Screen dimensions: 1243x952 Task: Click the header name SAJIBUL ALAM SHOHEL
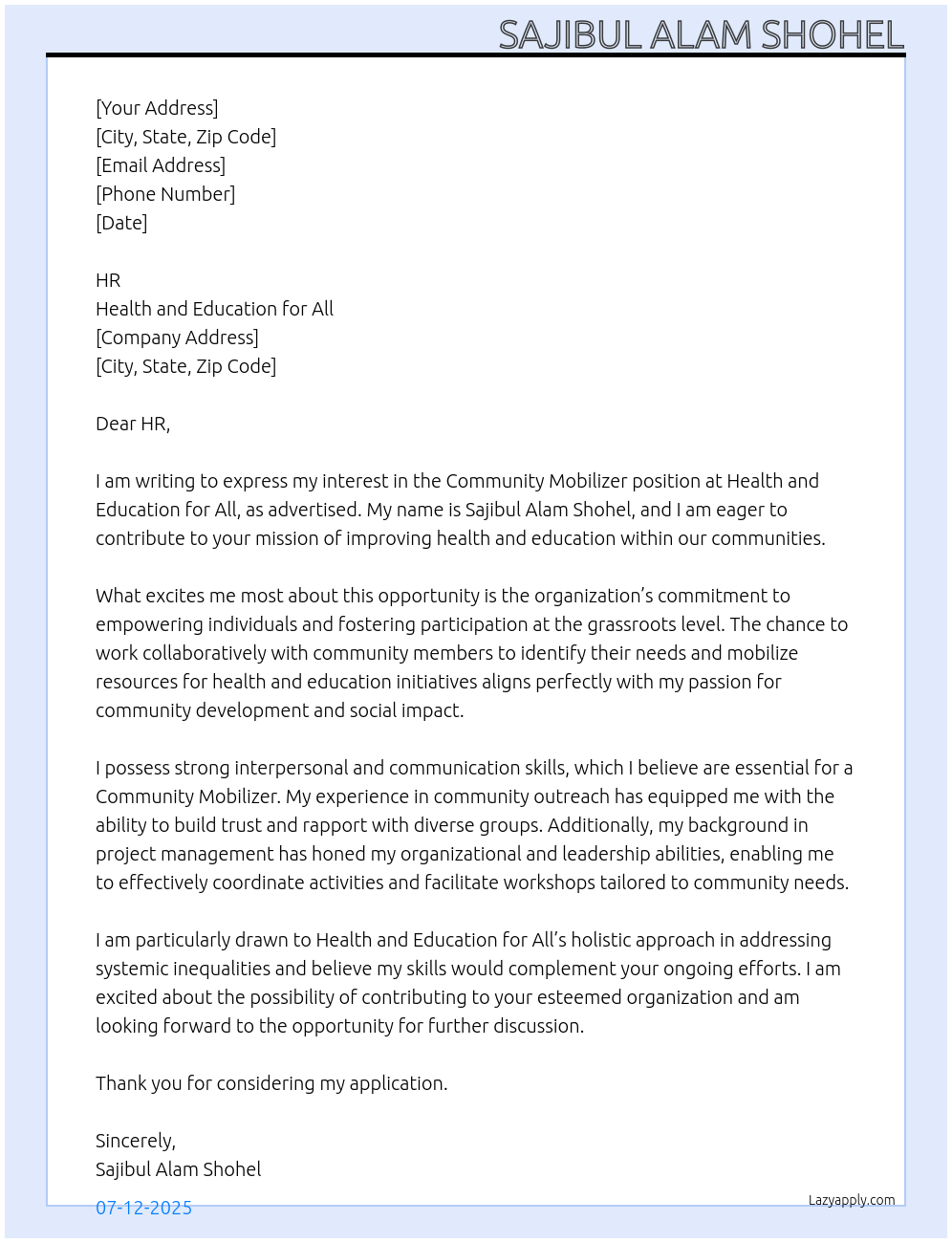coord(701,35)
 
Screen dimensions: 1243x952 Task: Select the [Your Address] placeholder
coord(157,108)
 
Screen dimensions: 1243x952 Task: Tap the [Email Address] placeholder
coord(161,165)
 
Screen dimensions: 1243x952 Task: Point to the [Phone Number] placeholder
coord(165,194)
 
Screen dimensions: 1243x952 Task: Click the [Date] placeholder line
coord(121,223)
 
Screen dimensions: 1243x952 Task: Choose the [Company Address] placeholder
coord(177,338)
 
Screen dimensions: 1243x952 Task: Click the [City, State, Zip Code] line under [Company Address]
coord(185,366)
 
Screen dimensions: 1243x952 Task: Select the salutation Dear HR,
coord(133,424)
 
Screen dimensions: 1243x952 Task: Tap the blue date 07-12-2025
coord(143,1208)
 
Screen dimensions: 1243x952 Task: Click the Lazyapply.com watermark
coord(852,1200)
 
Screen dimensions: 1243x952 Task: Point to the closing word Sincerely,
coord(136,1141)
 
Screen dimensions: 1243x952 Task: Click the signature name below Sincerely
coord(178,1169)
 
